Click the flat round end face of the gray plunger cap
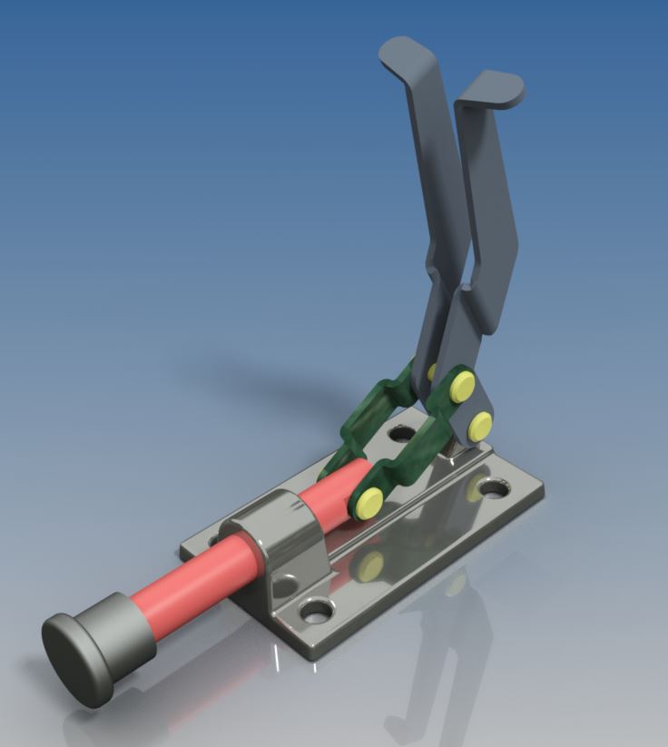pos(77,660)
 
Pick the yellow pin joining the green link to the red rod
pos(368,502)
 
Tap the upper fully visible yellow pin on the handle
pos(462,386)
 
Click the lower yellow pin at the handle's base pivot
pos(480,422)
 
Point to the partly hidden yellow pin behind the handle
pos(433,371)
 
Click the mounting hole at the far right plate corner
pos(495,488)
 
